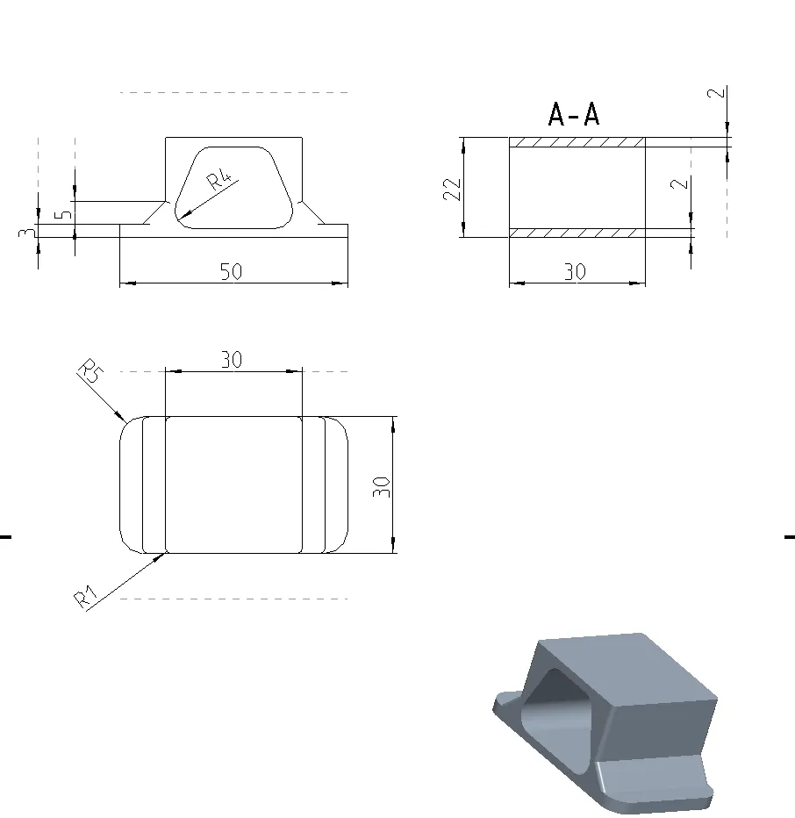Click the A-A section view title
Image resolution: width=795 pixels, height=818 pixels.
pyautogui.click(x=574, y=114)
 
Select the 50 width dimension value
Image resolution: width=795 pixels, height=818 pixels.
pyautogui.click(x=231, y=271)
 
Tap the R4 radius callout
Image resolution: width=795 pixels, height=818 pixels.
pyautogui.click(x=219, y=180)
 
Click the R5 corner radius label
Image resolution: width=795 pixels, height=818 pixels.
pyautogui.click(x=90, y=370)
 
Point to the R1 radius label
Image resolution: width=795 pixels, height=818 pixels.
pyautogui.click(x=86, y=597)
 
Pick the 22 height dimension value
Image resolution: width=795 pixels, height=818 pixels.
pyautogui.click(x=452, y=190)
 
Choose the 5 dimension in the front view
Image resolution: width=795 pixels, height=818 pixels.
pyautogui.click(x=64, y=214)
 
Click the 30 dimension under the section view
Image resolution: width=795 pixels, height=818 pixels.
pyautogui.click(x=576, y=271)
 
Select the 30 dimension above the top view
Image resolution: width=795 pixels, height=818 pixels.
pyautogui.click(x=232, y=360)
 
